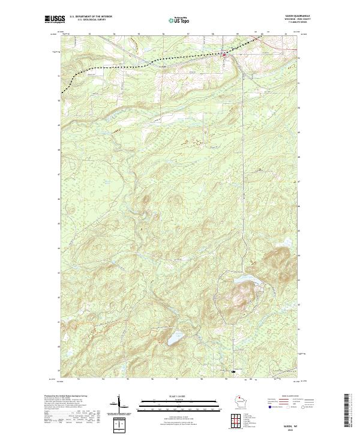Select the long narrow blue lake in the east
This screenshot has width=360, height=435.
(243, 280)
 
